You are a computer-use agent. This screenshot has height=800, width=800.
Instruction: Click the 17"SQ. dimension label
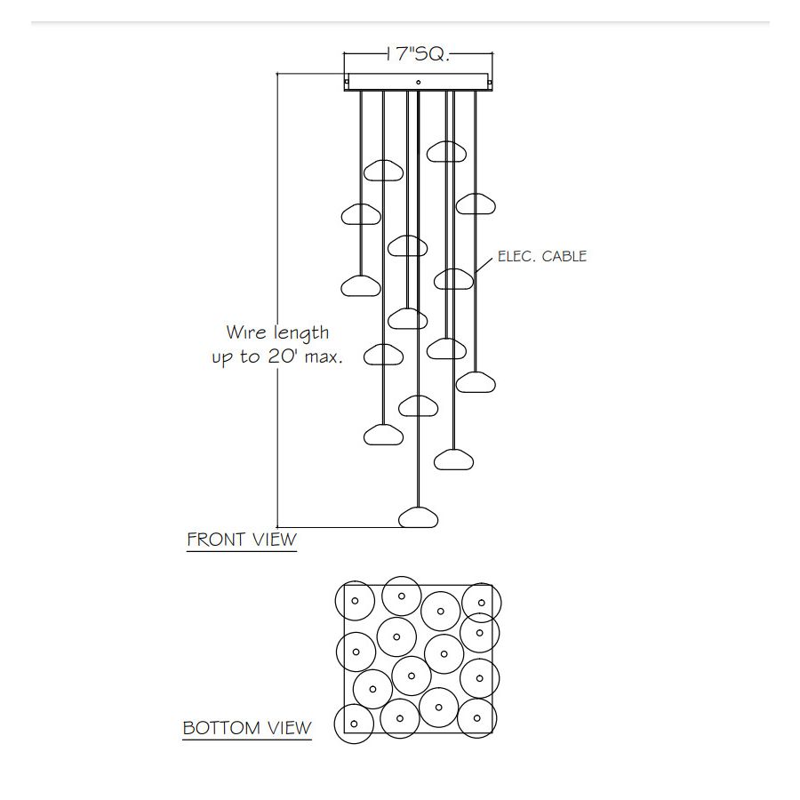point(418,53)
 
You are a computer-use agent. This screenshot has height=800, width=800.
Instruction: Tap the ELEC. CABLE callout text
point(542,256)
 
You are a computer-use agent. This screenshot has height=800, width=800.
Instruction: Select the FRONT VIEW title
point(242,540)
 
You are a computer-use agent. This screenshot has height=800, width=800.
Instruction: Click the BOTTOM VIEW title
point(247,727)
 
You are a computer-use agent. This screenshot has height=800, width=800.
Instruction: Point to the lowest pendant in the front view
point(418,517)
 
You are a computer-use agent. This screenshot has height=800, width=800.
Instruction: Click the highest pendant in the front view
point(446,151)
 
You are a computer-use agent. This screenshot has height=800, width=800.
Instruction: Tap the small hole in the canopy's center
point(419,82)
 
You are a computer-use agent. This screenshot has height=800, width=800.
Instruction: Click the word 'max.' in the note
point(324,357)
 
